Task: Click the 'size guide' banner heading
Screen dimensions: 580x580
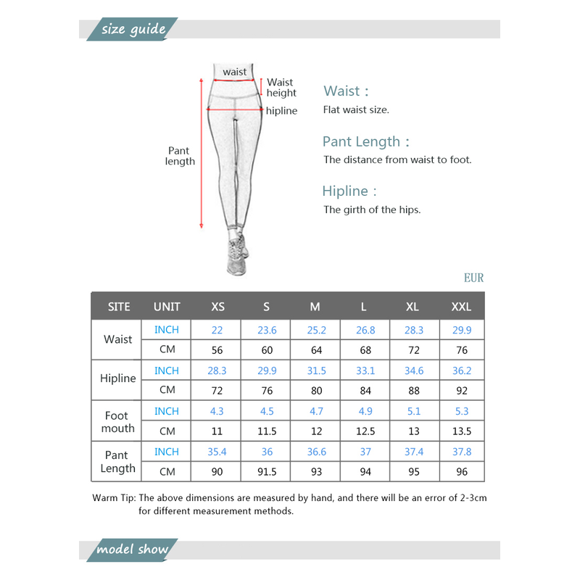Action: click(x=133, y=30)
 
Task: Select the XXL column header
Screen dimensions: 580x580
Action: click(x=461, y=307)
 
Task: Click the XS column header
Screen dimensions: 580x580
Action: click(x=217, y=307)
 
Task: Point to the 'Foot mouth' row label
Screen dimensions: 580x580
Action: click(x=118, y=422)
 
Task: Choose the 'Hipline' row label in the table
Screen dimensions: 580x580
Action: click(x=118, y=378)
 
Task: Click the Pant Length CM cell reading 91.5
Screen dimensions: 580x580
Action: click(x=267, y=472)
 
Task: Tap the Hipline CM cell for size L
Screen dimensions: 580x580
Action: click(x=365, y=390)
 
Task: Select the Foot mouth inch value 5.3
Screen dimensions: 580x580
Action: click(x=462, y=411)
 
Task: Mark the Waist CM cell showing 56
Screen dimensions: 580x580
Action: click(x=217, y=349)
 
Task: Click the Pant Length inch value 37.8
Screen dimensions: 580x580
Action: click(x=462, y=452)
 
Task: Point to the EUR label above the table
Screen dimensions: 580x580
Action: click(x=473, y=278)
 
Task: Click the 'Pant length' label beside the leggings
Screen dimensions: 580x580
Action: click(x=180, y=156)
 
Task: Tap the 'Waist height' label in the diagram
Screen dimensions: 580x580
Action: click(x=281, y=88)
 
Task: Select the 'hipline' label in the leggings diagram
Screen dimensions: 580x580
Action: click(x=281, y=111)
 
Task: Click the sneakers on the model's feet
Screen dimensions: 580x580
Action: click(x=237, y=255)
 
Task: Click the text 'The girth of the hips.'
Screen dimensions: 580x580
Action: click(x=372, y=210)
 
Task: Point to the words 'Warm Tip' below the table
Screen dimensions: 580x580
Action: click(x=113, y=498)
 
